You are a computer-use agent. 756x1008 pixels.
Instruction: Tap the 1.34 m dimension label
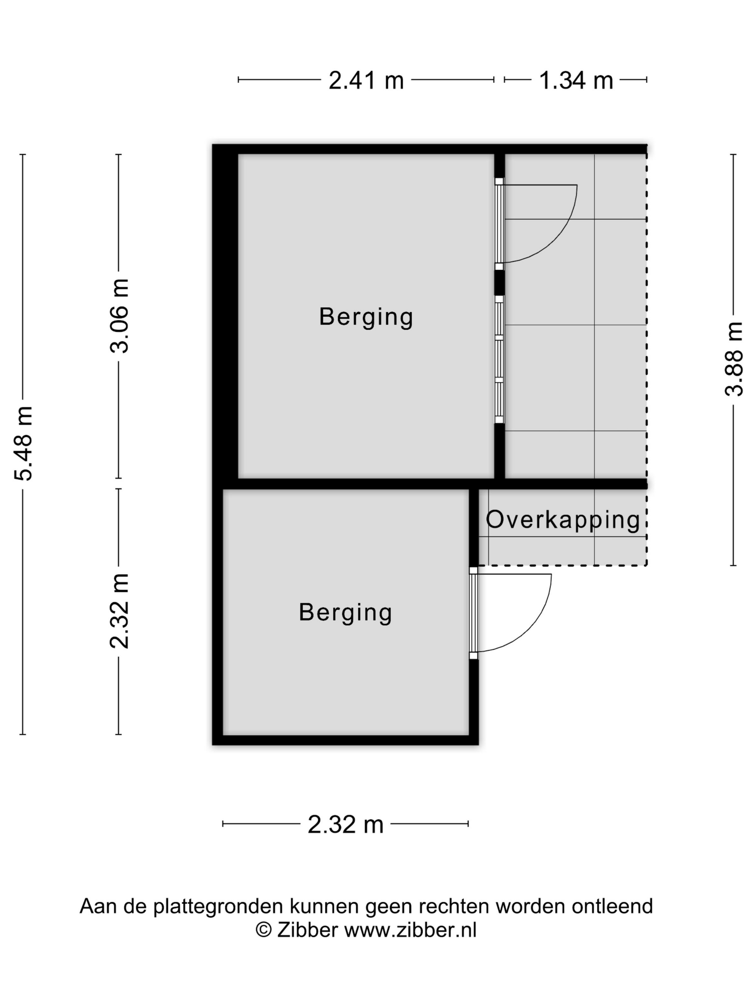(576, 81)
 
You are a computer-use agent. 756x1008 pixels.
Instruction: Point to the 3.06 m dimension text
(120, 316)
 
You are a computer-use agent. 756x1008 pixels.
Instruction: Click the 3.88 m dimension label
(734, 359)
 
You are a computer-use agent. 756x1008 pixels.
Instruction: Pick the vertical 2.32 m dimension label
(120, 611)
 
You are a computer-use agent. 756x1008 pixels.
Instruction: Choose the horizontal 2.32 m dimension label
(345, 825)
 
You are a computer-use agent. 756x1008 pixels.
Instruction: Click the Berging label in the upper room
(366, 317)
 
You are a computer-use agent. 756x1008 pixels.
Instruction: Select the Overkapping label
(563, 520)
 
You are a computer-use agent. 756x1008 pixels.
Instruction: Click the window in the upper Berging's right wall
(499, 360)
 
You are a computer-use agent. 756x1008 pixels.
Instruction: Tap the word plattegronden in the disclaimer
(219, 907)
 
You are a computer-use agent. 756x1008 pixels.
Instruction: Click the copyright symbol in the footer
(264, 930)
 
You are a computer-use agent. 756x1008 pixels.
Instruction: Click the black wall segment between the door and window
(499, 283)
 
